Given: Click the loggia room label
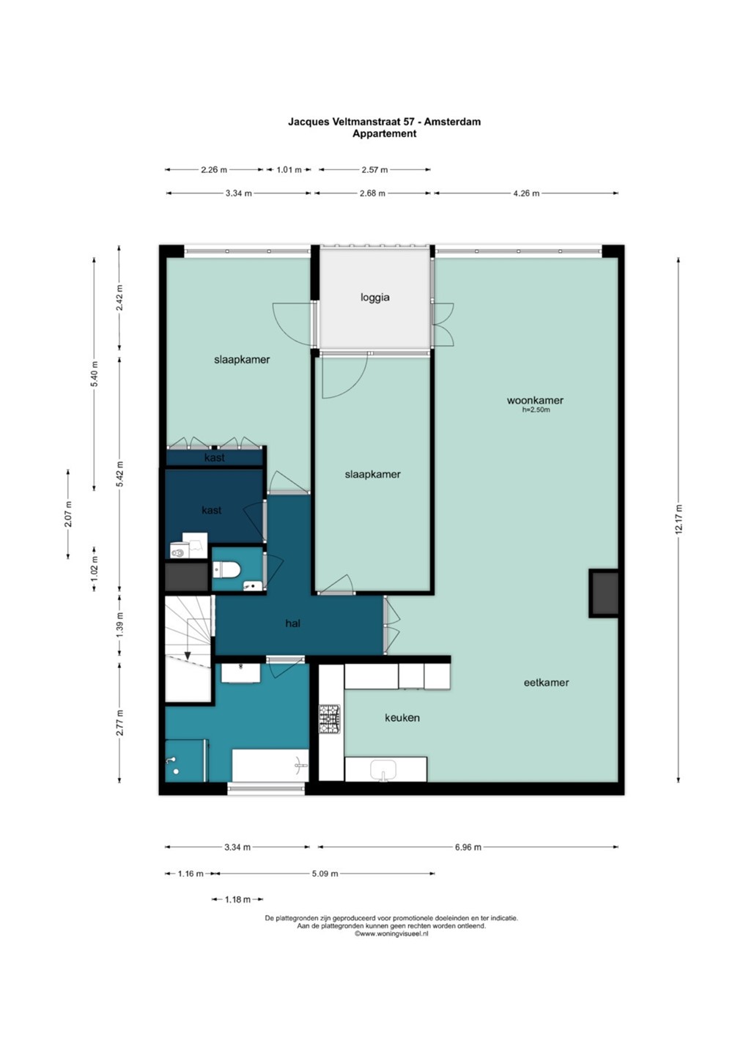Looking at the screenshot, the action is click(x=375, y=297).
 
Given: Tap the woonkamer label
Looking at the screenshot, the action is click(x=535, y=400).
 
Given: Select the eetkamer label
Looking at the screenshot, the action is click(x=547, y=682).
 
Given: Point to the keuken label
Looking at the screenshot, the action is click(x=402, y=718).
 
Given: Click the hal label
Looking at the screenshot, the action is click(x=293, y=623).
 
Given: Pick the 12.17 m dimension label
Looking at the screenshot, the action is click(x=678, y=519).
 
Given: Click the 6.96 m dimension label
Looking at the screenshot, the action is click(x=468, y=847).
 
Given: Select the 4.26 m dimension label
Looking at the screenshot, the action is click(x=526, y=193).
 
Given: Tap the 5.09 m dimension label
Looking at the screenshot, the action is click(x=325, y=873).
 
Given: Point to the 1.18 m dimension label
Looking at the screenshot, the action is click(x=237, y=900).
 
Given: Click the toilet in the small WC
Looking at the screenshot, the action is click(x=227, y=570).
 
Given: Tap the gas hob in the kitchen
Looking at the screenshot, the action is click(x=330, y=719).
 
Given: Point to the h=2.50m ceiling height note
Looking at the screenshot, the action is click(x=536, y=410).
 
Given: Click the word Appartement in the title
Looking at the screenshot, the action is click(x=384, y=133).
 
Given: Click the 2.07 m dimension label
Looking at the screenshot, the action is click(x=68, y=514).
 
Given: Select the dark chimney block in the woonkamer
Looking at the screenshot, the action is click(x=604, y=593).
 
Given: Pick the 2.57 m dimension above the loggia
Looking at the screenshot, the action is click(x=374, y=170).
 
